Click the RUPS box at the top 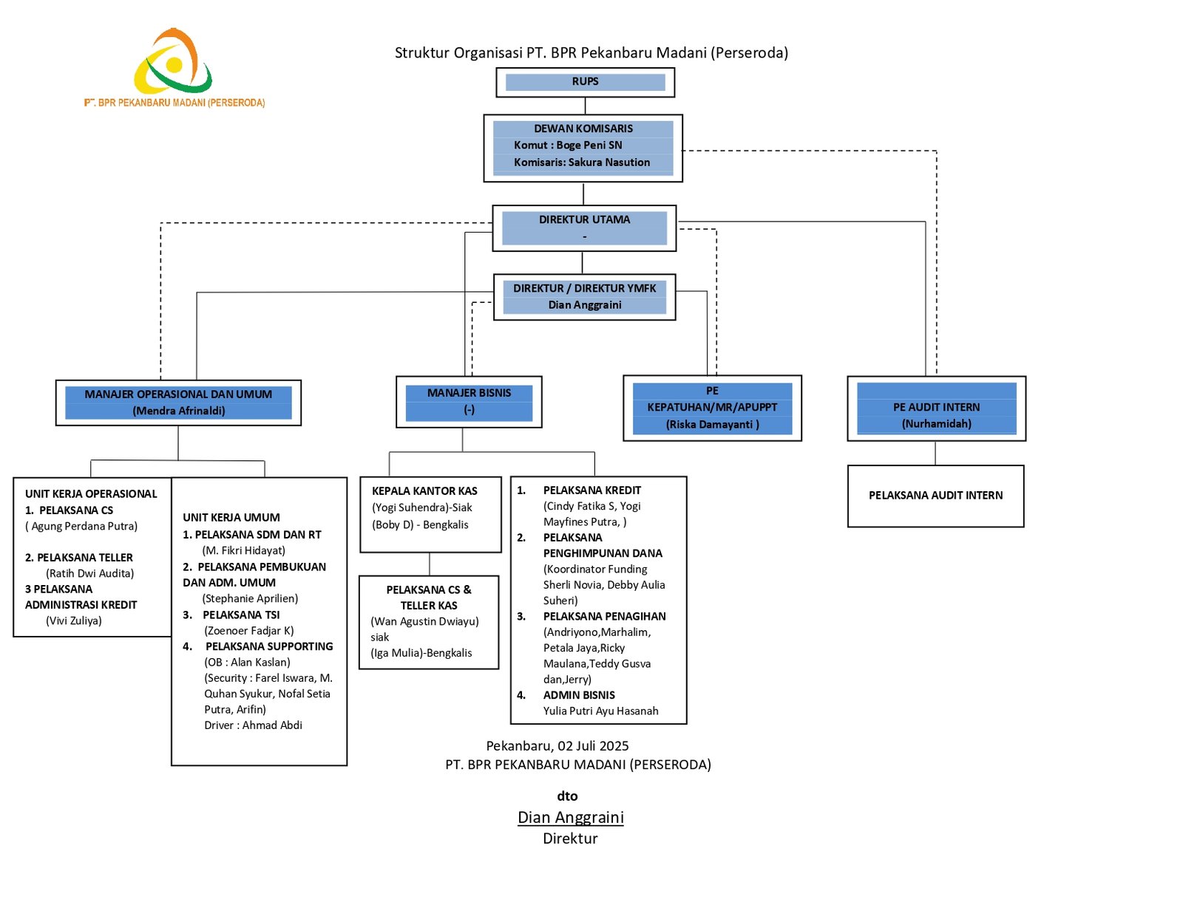pyautogui.click(x=585, y=82)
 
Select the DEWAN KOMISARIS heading pyautogui.click(x=583, y=129)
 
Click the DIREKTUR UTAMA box pyautogui.click(x=584, y=228)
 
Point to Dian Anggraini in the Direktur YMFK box pyautogui.click(x=585, y=305)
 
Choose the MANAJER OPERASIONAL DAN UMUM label pyautogui.click(x=178, y=394)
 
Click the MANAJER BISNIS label pyautogui.click(x=469, y=393)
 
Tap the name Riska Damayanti pyautogui.click(x=713, y=425)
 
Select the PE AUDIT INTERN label pyautogui.click(x=936, y=407)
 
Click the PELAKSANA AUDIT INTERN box pyautogui.click(x=935, y=496)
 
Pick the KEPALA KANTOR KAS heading pyautogui.click(x=424, y=491)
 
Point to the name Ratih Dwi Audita pyautogui.click(x=90, y=573)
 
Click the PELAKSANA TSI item pyautogui.click(x=241, y=615)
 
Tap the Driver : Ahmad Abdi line pyautogui.click(x=253, y=725)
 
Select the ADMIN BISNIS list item pyautogui.click(x=579, y=695)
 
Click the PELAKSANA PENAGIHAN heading pyautogui.click(x=604, y=616)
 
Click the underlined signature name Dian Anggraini pyautogui.click(x=570, y=818)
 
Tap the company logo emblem pyautogui.click(x=174, y=62)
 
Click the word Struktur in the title pyautogui.click(x=421, y=53)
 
